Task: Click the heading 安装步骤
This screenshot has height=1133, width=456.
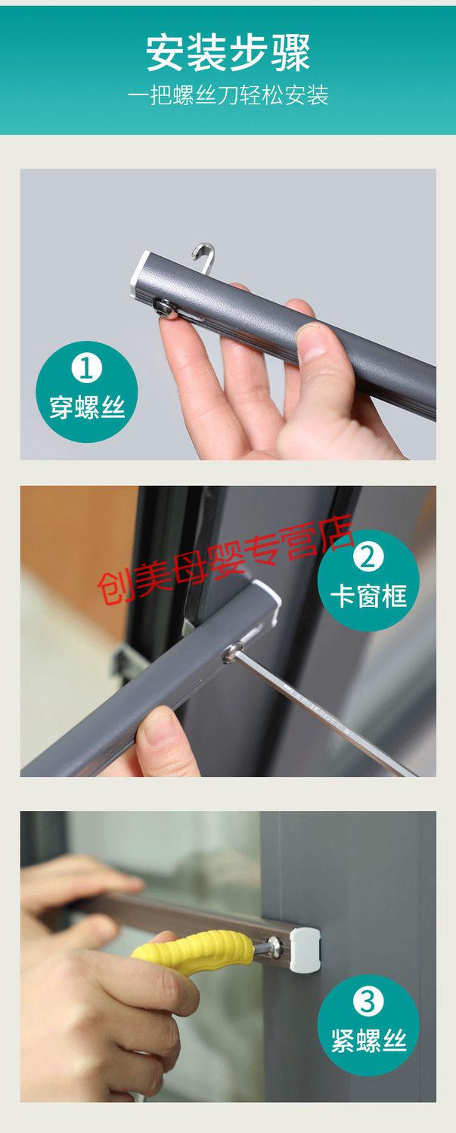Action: coord(228,53)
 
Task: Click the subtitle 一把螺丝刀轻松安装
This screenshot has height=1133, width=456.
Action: coord(228,95)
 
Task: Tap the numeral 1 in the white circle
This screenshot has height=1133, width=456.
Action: coord(86,368)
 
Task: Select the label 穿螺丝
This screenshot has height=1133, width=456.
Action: coord(87,407)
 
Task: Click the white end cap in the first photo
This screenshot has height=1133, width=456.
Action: coord(141,275)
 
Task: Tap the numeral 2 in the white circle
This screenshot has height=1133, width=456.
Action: coord(368,557)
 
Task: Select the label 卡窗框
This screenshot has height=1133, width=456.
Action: coord(368,596)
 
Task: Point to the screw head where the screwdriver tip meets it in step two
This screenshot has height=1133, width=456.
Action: coord(232,652)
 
